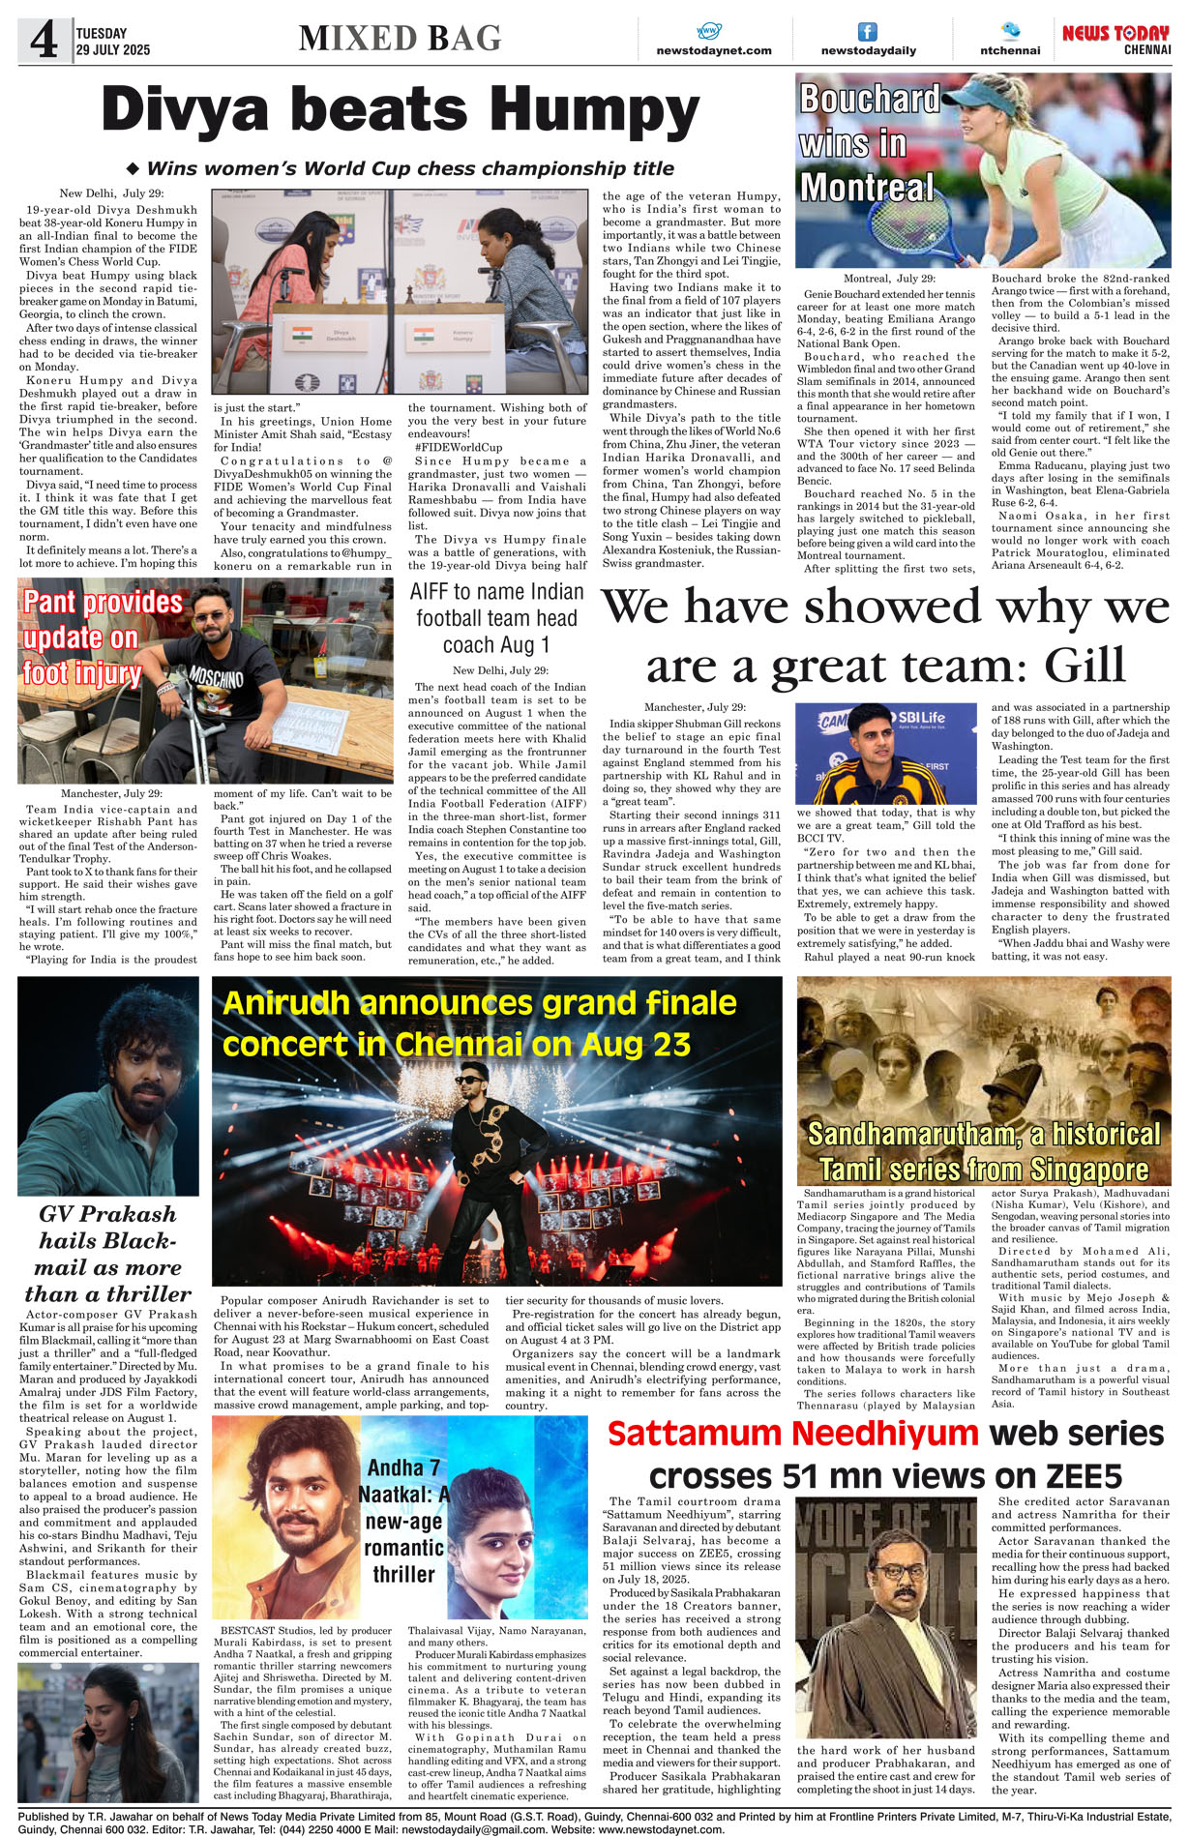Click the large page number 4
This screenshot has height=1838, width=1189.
point(44,40)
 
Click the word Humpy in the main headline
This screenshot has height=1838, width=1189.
point(601,112)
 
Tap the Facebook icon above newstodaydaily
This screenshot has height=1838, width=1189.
point(868,32)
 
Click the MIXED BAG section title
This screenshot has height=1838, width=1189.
point(401,39)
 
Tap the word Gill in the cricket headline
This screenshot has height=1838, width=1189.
point(1085,666)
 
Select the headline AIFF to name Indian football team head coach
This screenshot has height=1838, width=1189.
point(496,618)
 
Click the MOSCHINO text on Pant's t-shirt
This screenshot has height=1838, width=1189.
point(216,676)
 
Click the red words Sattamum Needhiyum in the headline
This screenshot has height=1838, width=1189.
point(792,1434)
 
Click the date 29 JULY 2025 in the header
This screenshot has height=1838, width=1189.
point(113,49)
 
